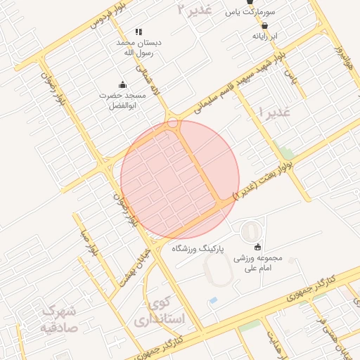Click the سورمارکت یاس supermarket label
(250, 12)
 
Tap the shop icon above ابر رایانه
(264, 25)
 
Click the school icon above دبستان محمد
(139, 32)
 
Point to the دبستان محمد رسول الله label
(139, 47)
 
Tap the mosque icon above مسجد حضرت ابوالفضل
(123, 85)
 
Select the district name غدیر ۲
(195, 9)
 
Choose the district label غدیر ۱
(275, 112)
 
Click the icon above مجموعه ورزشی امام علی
(257, 246)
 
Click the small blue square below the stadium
(213, 301)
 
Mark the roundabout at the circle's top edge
(172, 123)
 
